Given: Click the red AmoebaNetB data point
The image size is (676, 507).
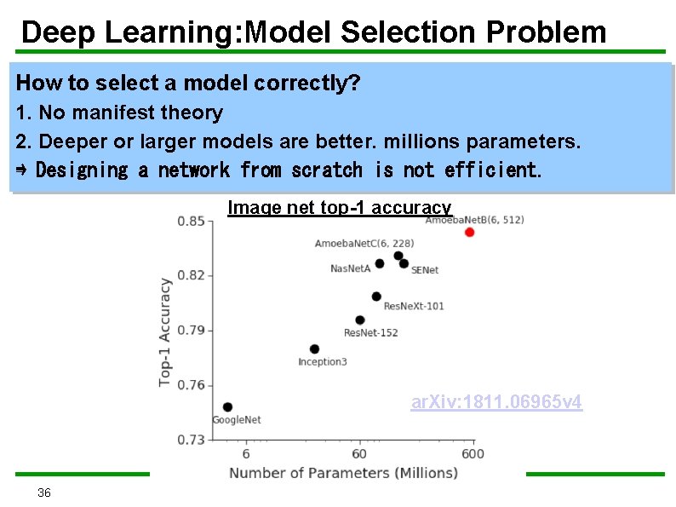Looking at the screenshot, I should point(469,232).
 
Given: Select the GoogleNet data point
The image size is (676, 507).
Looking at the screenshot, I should point(227,407).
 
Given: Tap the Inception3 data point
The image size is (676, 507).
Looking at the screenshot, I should point(314,349).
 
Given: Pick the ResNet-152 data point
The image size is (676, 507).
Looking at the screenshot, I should point(360,320).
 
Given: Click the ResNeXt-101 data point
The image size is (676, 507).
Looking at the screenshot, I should point(376,297).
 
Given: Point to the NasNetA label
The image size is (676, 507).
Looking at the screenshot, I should point(350,269).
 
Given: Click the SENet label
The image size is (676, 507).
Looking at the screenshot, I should point(425,270).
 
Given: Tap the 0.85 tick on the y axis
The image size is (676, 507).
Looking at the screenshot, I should point(190,222).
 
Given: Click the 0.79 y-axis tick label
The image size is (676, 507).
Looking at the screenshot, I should point(190,330).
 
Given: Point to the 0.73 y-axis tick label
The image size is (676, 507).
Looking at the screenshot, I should point(190,439).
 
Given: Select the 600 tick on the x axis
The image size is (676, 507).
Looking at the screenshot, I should point(473,453).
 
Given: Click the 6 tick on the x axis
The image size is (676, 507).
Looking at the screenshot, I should point(246,453).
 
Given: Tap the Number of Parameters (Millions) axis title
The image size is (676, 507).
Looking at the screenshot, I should point(343,473).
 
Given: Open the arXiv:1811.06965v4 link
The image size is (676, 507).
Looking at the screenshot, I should point(496,402).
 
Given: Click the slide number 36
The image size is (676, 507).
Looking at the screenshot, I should point(44,493).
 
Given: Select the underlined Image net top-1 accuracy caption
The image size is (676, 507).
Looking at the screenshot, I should point(339,207).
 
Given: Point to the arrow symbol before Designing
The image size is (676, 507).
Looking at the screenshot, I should point(23,170).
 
